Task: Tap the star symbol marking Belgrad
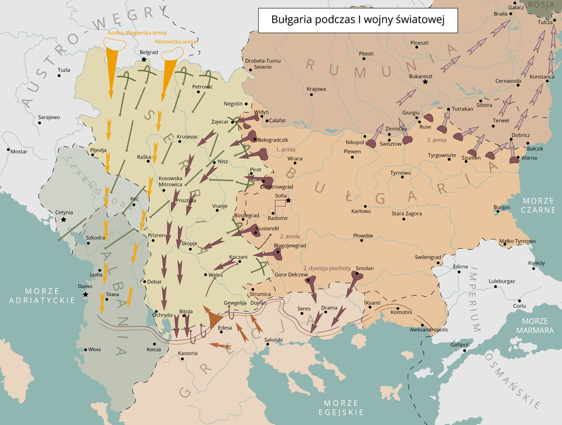click(x=144, y=60)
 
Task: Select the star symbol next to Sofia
click(x=288, y=201)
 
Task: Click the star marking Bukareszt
click(x=425, y=83)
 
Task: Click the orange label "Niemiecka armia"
click(x=176, y=42)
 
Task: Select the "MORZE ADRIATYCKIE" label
click(x=42, y=296)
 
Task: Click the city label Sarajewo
click(x=49, y=117)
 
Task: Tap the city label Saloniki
click(x=274, y=340)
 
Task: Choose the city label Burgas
click(x=502, y=207)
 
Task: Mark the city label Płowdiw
click(x=363, y=235)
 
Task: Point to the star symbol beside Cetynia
click(x=63, y=220)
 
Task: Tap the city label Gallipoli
click(x=460, y=344)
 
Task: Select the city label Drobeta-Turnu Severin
click(x=263, y=64)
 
